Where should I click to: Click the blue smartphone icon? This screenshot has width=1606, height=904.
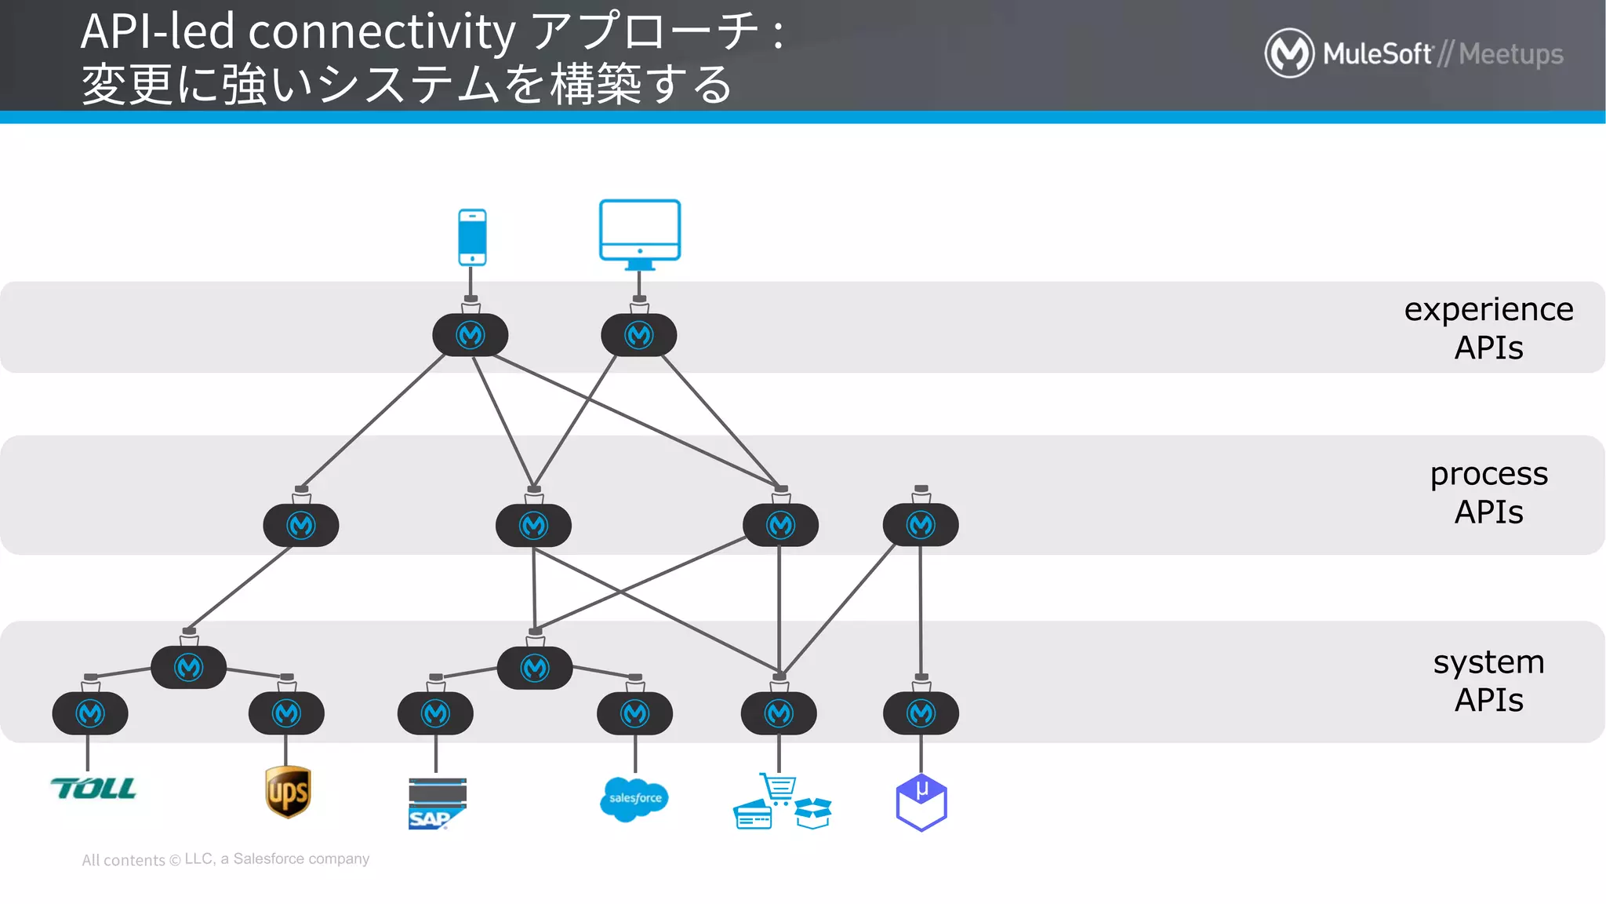[x=472, y=237]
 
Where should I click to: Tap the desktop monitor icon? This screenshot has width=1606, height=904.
[x=639, y=232]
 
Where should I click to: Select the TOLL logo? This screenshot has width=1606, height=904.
[x=93, y=788]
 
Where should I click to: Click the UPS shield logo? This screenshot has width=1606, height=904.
[x=288, y=792]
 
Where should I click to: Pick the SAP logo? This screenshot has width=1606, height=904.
[x=437, y=804]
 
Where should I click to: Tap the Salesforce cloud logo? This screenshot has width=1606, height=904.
[x=634, y=799]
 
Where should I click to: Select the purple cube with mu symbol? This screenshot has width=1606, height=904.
[x=921, y=802]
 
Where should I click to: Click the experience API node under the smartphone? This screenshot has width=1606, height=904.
[x=471, y=336]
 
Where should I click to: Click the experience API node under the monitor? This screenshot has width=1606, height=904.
[x=639, y=336]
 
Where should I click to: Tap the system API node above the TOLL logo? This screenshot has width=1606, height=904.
[x=90, y=713]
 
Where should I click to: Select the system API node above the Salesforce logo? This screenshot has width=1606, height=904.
[x=634, y=713]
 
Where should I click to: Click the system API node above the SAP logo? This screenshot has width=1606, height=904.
[x=435, y=713]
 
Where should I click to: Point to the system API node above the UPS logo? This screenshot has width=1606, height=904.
[x=286, y=713]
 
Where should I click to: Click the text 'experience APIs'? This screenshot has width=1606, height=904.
[x=1488, y=328]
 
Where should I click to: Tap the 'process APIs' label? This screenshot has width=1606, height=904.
[x=1488, y=493]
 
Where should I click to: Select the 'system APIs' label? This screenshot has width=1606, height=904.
[x=1488, y=680]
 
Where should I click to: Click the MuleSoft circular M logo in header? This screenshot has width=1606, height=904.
[x=1289, y=53]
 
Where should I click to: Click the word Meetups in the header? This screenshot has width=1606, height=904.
[x=1510, y=54]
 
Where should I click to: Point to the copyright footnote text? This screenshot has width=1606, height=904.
[x=226, y=859]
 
